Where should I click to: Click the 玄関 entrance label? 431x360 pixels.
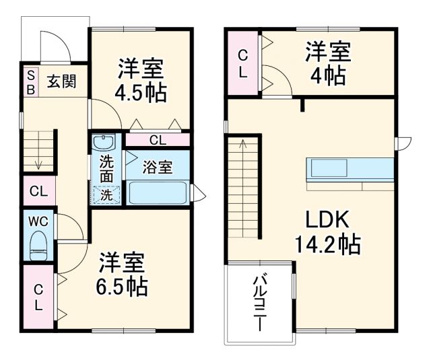pos(61,81)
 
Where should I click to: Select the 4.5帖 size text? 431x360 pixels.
pos(141,92)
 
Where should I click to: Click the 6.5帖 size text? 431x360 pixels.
pos(122,287)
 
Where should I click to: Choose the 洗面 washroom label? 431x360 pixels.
pos(106,169)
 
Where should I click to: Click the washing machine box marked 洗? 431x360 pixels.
pos(106,195)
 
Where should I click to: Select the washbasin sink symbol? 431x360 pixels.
pos(104,143)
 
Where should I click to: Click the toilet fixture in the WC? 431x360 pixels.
pos(38,245)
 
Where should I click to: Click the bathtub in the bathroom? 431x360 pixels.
pos(158,193)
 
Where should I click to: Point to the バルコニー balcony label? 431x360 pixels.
pos(259,303)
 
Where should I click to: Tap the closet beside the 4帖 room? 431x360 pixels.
pos(243,63)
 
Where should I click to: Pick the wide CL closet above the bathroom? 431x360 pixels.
pos(157,140)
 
